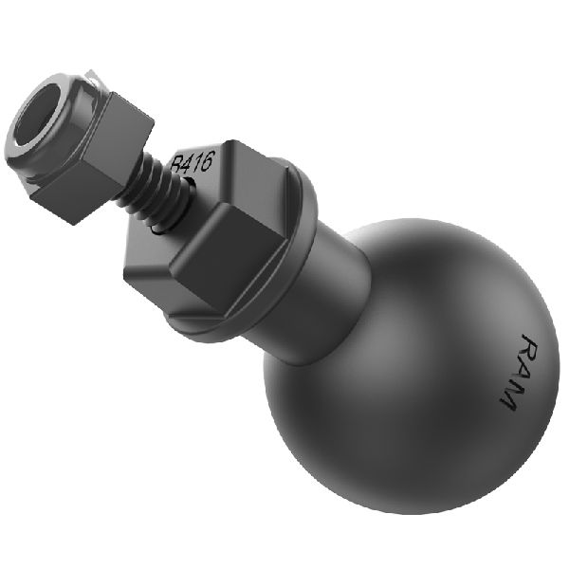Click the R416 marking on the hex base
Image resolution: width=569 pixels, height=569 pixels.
pyautogui.click(x=193, y=163)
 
